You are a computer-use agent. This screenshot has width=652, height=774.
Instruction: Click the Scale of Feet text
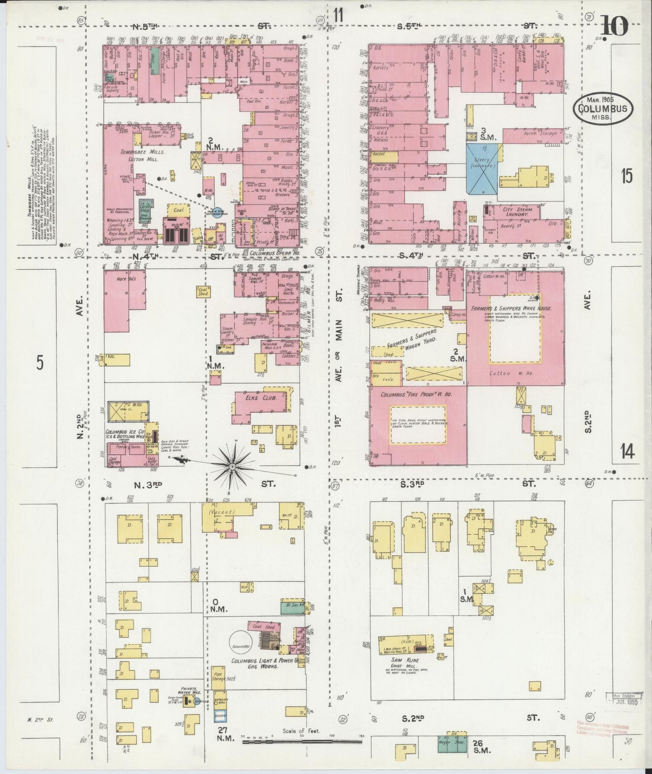(x=301, y=731)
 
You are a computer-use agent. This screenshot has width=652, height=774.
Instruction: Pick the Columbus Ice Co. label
(x=125, y=433)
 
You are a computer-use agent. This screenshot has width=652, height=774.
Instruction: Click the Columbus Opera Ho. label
(x=269, y=254)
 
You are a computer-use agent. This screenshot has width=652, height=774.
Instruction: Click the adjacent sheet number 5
(x=40, y=363)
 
